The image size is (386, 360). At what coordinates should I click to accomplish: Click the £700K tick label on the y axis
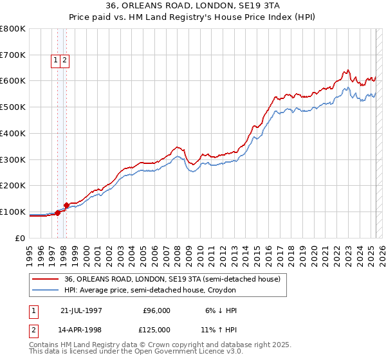coord(13,55)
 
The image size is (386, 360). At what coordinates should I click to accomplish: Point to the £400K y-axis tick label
coord(13,133)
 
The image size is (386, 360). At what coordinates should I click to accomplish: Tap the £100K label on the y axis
coord(13,212)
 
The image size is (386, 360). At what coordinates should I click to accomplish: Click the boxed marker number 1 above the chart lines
coord(57,60)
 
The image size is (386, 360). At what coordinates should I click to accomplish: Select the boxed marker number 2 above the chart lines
coord(66,60)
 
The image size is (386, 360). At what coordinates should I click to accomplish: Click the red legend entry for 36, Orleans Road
coord(172,280)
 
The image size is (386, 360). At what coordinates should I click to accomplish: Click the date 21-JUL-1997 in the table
coord(81,310)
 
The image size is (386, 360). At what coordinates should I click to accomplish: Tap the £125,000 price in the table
coord(156,330)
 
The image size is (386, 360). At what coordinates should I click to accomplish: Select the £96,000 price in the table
coord(156,310)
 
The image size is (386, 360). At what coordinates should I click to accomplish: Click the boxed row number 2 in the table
coord(33,330)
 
